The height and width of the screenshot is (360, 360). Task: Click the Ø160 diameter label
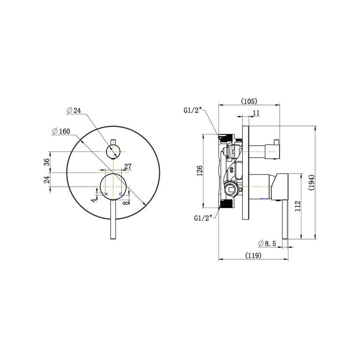(61, 131)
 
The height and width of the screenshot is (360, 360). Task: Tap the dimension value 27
(128, 167)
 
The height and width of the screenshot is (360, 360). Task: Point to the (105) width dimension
(249, 101)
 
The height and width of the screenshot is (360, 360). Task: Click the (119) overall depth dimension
(253, 255)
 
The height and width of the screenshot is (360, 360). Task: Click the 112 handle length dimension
(298, 207)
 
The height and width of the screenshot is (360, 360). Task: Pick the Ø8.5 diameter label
(266, 243)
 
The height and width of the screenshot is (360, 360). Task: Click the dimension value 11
(256, 112)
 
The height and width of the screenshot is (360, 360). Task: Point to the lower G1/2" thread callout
(204, 218)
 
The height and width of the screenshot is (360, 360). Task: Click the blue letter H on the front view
(106, 195)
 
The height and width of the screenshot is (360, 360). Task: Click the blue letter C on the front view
(121, 195)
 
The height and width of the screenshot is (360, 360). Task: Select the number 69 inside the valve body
(231, 170)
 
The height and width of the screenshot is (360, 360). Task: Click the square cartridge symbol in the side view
(230, 189)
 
